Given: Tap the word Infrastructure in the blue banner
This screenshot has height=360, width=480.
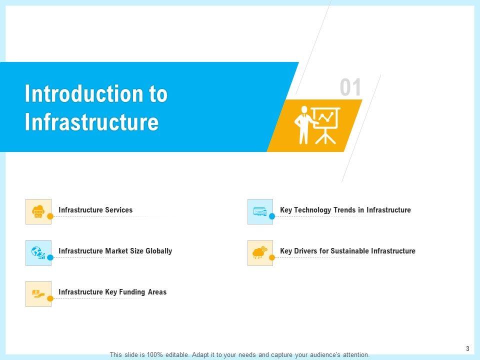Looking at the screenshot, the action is pyautogui.click(x=92, y=121).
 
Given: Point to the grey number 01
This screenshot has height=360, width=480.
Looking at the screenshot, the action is pyautogui.click(x=350, y=87).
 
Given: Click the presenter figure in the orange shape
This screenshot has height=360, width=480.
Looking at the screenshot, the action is pyautogui.click(x=304, y=125).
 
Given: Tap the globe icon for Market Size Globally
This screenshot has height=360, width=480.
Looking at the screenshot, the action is pyautogui.click(x=38, y=252).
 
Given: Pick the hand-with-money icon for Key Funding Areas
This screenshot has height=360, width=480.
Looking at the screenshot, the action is pyautogui.click(x=38, y=294).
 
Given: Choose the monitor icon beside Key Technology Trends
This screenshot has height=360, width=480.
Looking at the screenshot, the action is pyautogui.click(x=260, y=211).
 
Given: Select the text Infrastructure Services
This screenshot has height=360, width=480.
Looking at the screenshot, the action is pyautogui.click(x=95, y=210).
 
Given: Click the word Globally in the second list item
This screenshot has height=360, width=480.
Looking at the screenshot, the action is pyautogui.click(x=158, y=251).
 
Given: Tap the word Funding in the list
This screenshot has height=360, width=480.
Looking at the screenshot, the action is pyautogui.click(x=132, y=292).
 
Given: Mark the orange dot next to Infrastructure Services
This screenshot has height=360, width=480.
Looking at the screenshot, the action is pyautogui.click(x=50, y=216).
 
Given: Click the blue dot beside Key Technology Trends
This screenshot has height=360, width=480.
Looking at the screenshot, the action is pyautogui.click(x=272, y=216).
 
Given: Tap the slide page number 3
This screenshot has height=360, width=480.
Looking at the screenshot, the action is pyautogui.click(x=467, y=348).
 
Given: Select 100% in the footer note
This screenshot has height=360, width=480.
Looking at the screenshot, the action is pyautogui.click(x=154, y=355).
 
